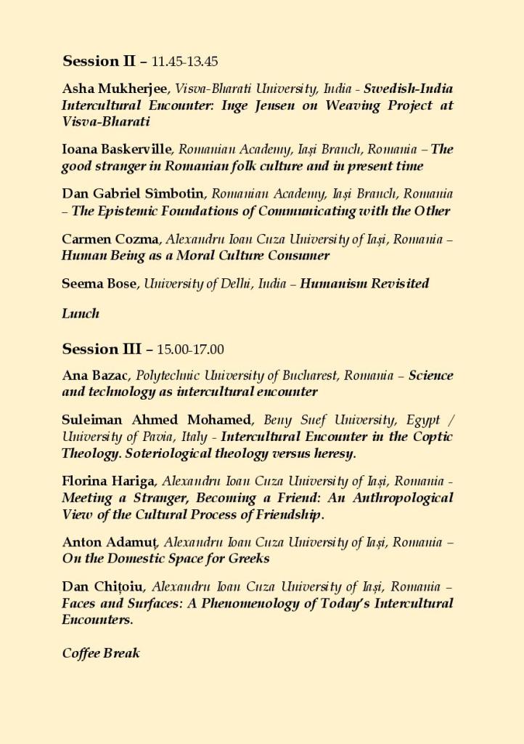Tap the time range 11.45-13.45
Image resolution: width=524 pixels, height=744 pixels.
point(185,62)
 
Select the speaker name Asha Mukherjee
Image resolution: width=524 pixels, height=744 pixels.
point(115,89)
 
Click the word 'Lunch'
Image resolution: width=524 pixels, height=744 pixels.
point(81,314)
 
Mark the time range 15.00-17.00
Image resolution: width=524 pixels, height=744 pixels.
point(190,349)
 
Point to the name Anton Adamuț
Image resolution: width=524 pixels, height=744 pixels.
point(111,542)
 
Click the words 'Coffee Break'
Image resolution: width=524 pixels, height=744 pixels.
point(101,653)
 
